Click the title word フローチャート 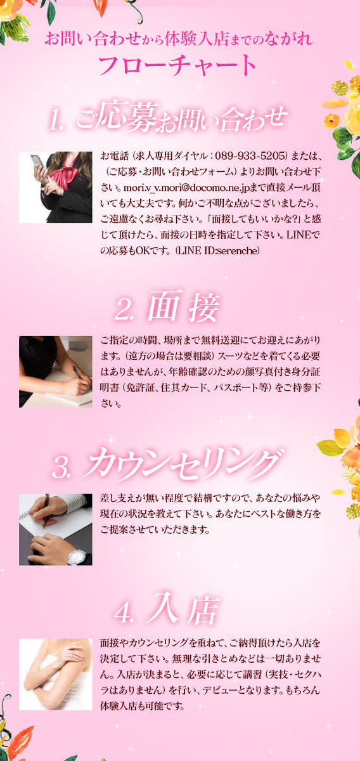coord(177,65)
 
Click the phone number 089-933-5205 coord(249,156)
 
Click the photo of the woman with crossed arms coord(56,674)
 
